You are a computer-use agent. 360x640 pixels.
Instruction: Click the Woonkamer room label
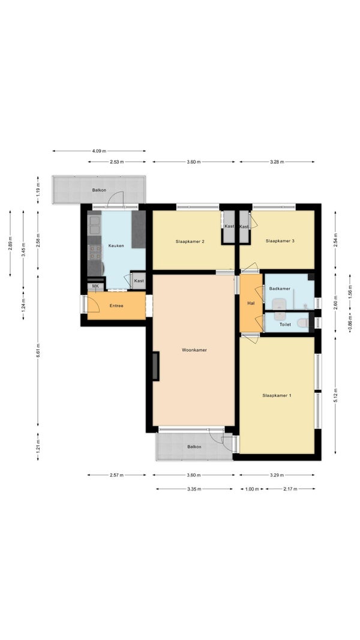pos(194,350)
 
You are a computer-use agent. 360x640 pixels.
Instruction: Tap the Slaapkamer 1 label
pos(277,395)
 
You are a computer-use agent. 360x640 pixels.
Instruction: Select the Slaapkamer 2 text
pos(190,241)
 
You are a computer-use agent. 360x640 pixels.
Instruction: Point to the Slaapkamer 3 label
pos(280,241)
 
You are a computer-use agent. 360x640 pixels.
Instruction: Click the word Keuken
pos(116,246)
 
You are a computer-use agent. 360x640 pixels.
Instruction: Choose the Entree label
pos(116,305)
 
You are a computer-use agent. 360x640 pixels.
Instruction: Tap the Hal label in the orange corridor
pos(251,304)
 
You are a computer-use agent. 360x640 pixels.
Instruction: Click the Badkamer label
pos(280,289)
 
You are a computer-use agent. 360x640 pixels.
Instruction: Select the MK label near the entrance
pos(95,286)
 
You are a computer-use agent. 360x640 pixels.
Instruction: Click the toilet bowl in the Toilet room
pos(302,323)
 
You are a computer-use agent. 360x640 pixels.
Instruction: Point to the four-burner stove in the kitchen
pos(95,253)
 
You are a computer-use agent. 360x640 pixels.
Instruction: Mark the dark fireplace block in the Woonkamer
pos(155,366)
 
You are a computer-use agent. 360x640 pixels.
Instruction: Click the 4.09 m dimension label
pos(99,151)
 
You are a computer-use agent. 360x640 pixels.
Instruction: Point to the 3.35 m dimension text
pos(194,489)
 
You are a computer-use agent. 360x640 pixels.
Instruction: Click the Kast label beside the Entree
pos(139,281)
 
